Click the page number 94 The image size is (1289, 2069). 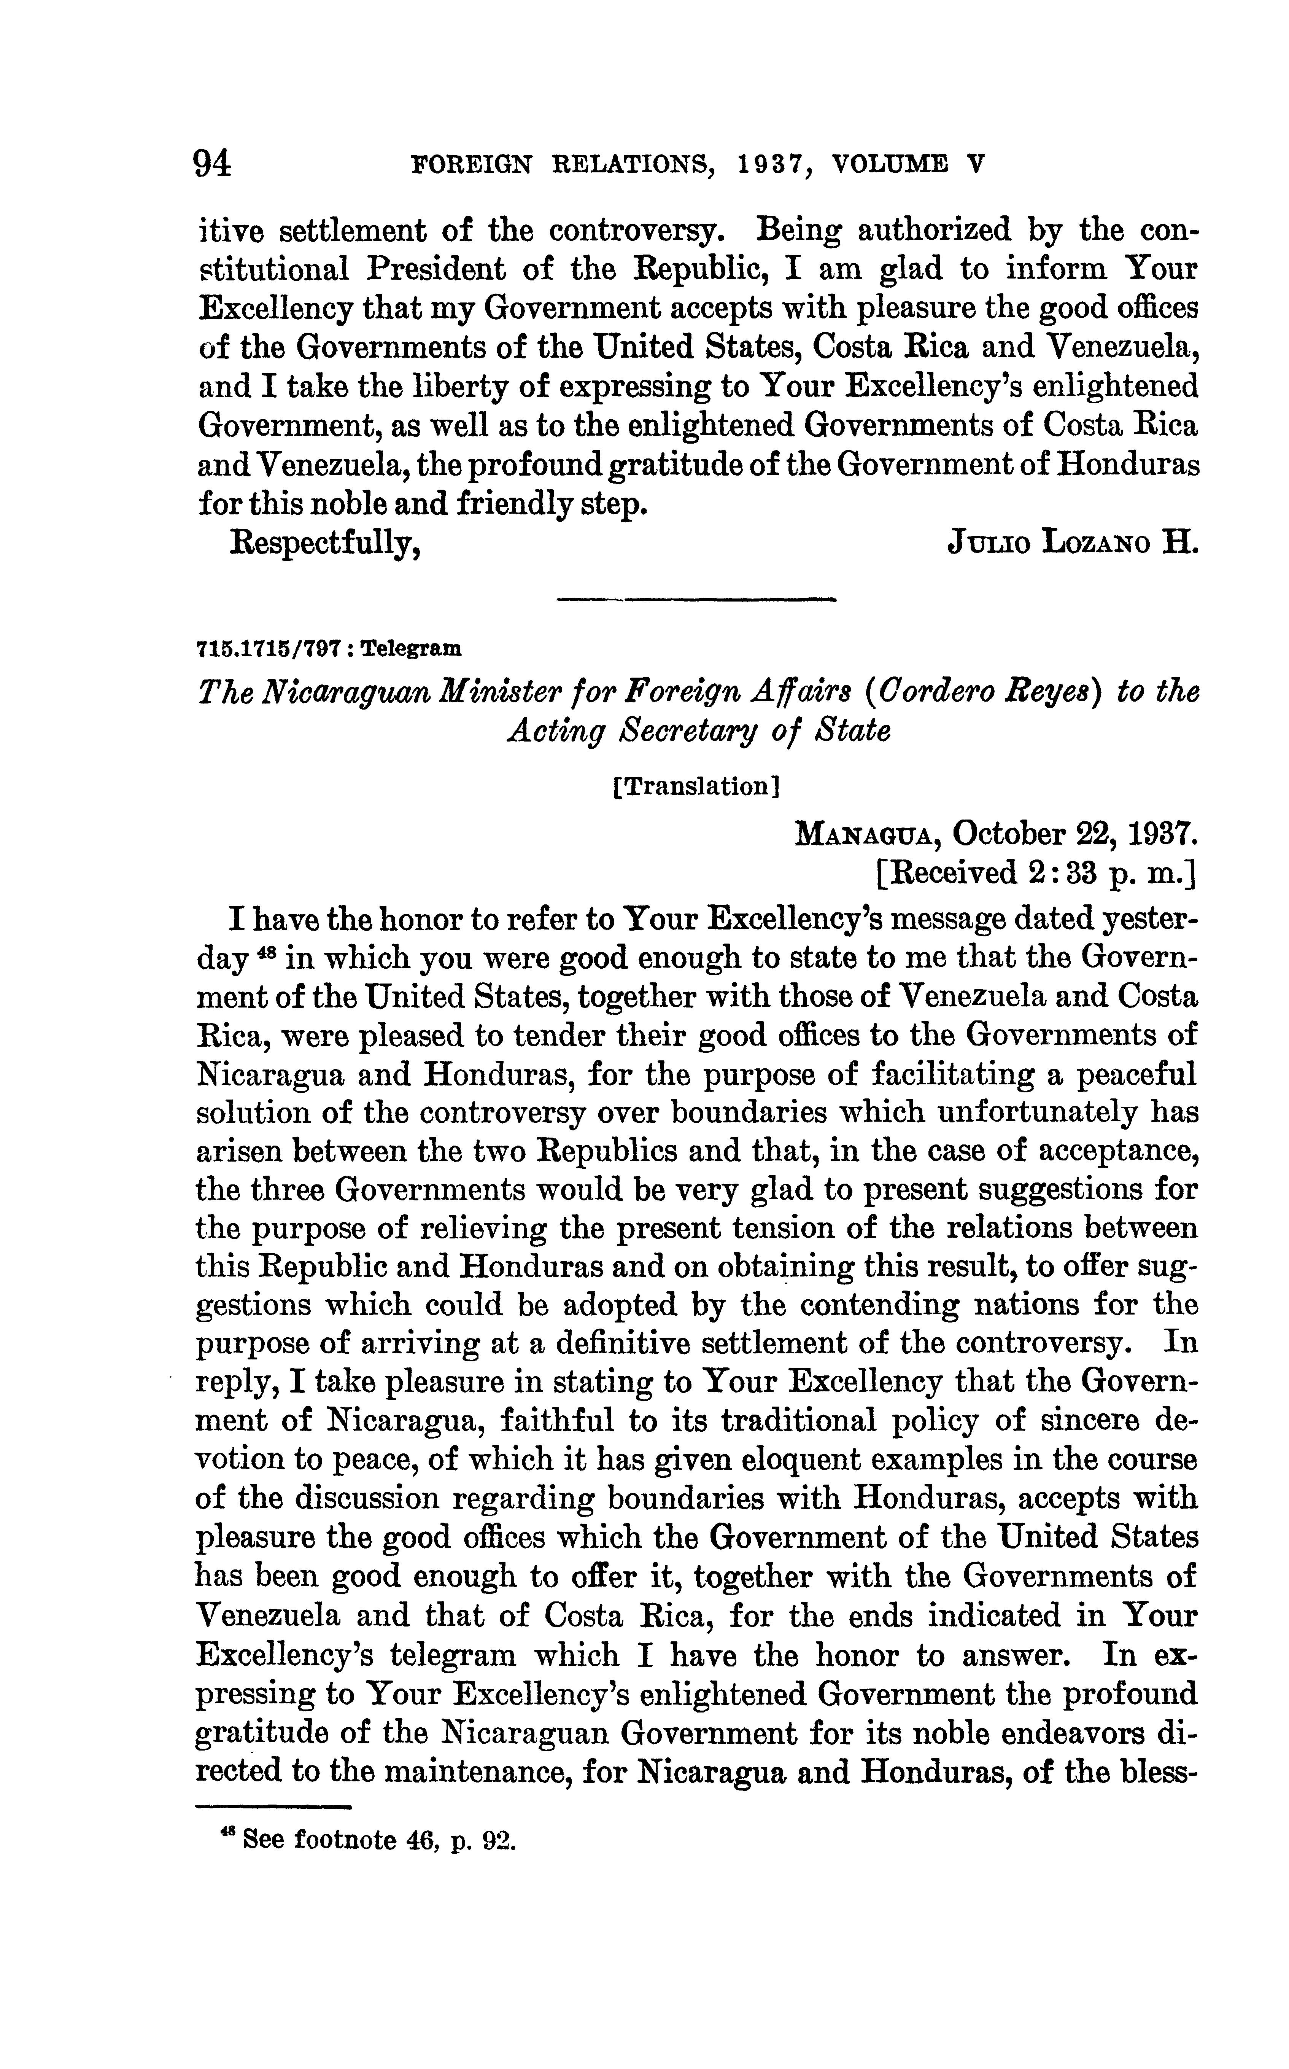click(213, 162)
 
